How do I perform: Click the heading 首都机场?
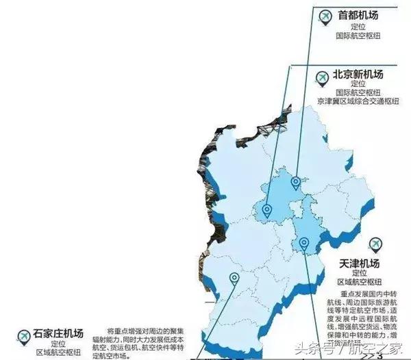[x=359, y=14]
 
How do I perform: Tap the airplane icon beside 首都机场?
[x=325, y=15]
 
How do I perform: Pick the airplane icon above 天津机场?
[x=375, y=244]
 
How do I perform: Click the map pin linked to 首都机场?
[x=295, y=182]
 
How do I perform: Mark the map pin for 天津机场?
[x=304, y=242]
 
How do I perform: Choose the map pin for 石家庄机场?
[x=235, y=279]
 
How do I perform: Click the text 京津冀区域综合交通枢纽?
[x=358, y=101]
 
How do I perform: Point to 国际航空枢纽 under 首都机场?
[x=358, y=35]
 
